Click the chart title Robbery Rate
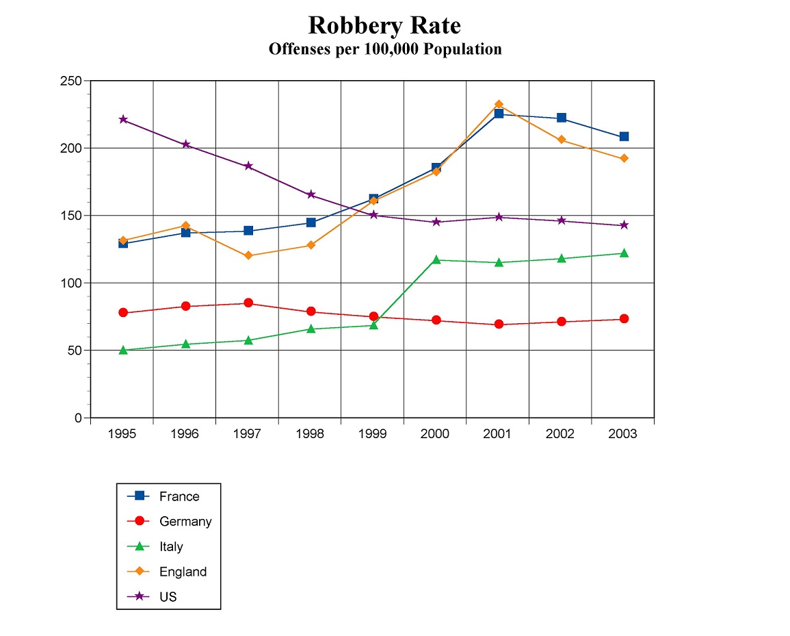point(384,25)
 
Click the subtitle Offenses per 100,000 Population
point(384,49)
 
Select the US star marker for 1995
point(123,119)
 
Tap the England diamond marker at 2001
point(499,105)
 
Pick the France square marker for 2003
point(624,137)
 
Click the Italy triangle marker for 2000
point(436,259)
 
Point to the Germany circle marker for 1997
point(248,303)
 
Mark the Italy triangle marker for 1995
point(123,350)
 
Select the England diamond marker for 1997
point(248,255)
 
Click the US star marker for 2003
point(624,225)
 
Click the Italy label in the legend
point(171,547)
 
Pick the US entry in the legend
point(168,597)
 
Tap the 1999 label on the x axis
point(373,434)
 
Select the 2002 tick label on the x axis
point(560,434)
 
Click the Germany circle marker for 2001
point(499,324)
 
